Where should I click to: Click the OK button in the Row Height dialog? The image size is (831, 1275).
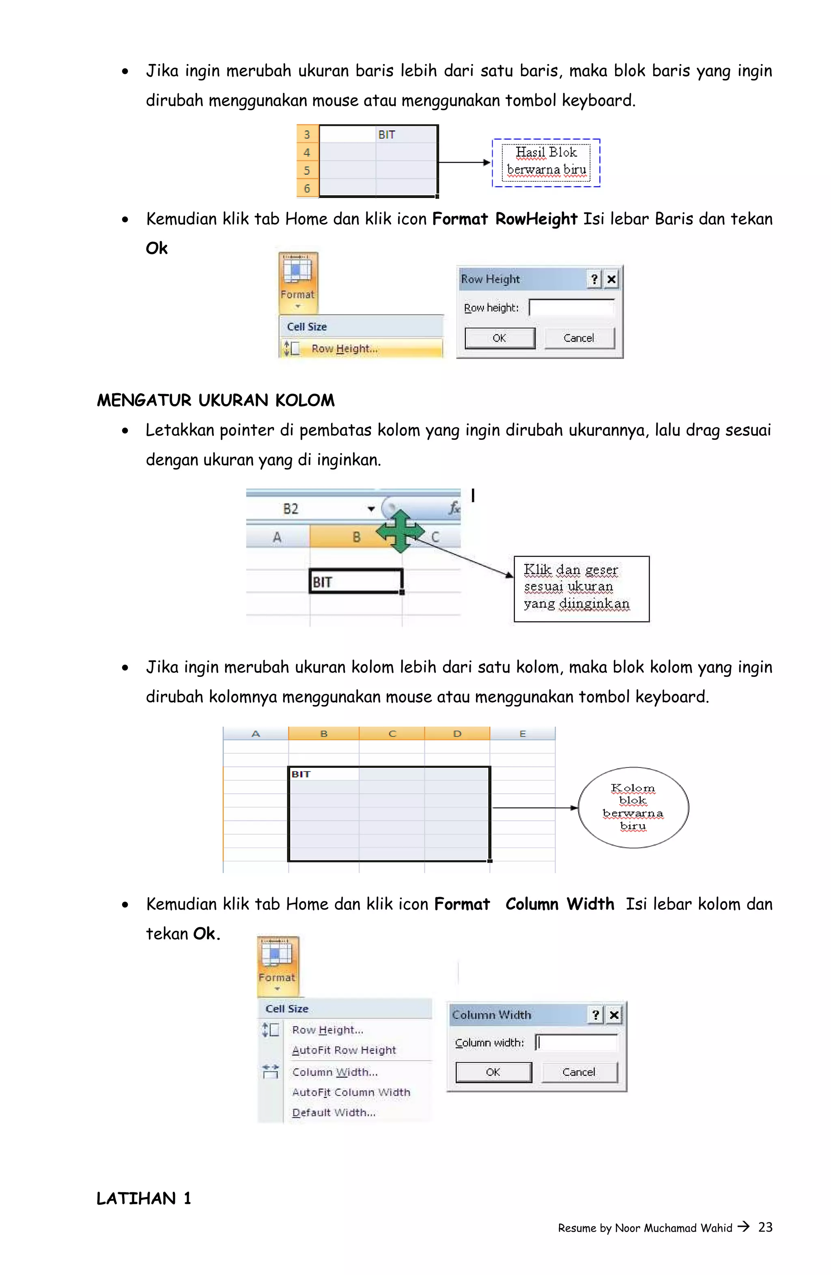point(499,338)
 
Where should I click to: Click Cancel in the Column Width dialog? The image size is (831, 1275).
point(579,1072)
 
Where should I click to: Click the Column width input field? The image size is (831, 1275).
point(577,1042)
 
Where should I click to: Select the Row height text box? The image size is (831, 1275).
point(571,308)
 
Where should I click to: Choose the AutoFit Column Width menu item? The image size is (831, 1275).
point(351,1092)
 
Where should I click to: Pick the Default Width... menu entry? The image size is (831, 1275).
point(334,1112)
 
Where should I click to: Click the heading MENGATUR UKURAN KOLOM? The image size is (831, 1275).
point(215,400)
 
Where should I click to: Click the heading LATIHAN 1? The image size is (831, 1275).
point(144,1198)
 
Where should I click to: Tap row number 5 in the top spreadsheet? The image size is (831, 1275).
point(307,170)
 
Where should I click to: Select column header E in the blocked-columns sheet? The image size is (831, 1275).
point(522,733)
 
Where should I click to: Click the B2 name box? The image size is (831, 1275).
point(291,508)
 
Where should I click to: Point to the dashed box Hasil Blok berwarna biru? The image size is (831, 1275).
point(546,162)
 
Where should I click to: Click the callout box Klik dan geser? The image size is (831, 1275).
point(581,589)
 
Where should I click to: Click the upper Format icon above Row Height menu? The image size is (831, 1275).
point(298,283)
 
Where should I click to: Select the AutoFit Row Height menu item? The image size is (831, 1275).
point(343,1050)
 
